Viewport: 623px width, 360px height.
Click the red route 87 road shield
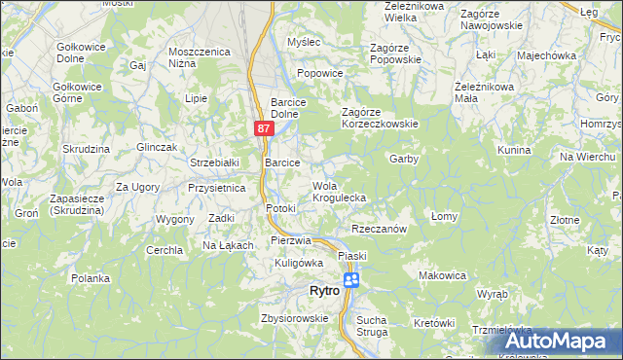pyautogui.click(x=264, y=128)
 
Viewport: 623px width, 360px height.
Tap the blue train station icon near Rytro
pyautogui.click(x=351, y=280)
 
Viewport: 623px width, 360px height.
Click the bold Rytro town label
pyautogui.click(x=323, y=291)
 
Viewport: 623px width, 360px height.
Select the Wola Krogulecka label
pyautogui.click(x=339, y=192)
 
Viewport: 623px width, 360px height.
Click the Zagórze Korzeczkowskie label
pyautogui.click(x=380, y=118)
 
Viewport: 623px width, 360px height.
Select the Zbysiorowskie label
pyautogui.click(x=294, y=318)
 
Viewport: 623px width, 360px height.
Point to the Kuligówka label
pyautogui.click(x=298, y=263)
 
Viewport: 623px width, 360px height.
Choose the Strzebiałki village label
pyautogui.click(x=215, y=162)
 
